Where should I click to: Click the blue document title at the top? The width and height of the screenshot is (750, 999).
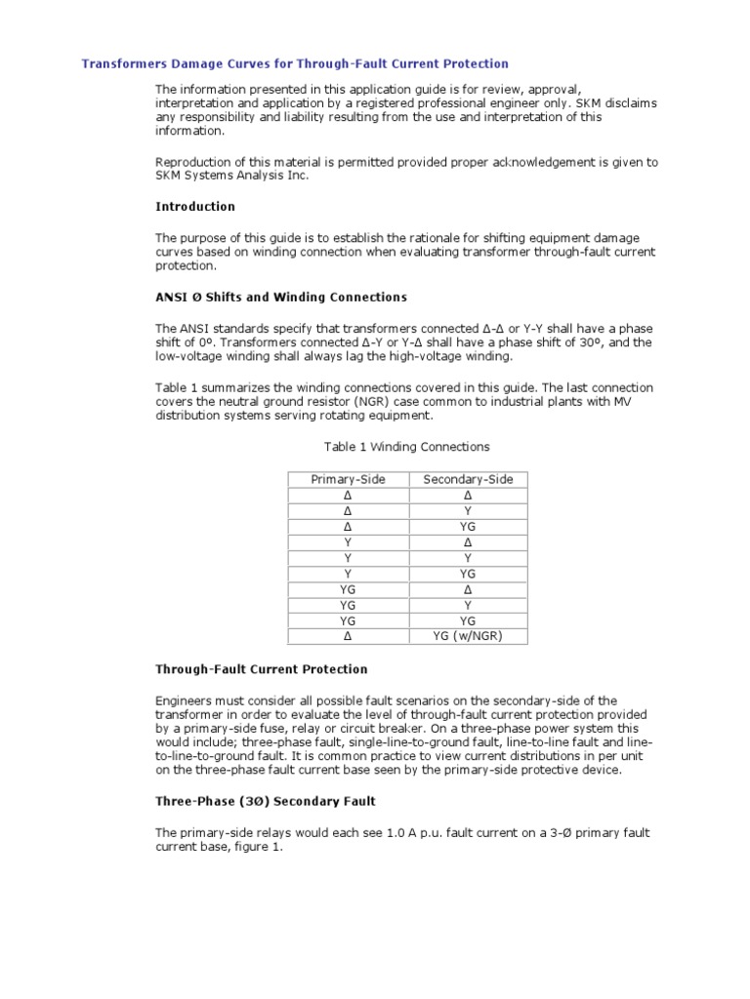coord(294,63)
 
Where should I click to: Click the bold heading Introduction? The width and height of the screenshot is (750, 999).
coord(195,207)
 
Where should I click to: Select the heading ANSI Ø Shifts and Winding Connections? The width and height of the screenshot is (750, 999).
coord(281,297)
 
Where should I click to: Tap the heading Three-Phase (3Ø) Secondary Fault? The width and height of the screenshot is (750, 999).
coord(266,801)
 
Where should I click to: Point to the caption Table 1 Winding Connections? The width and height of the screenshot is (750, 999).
coord(406,447)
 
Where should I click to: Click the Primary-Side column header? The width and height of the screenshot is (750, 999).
coord(348,479)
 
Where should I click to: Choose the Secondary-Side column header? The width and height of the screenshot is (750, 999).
coord(468,479)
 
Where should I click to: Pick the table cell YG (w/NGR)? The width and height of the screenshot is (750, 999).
coord(468,636)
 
